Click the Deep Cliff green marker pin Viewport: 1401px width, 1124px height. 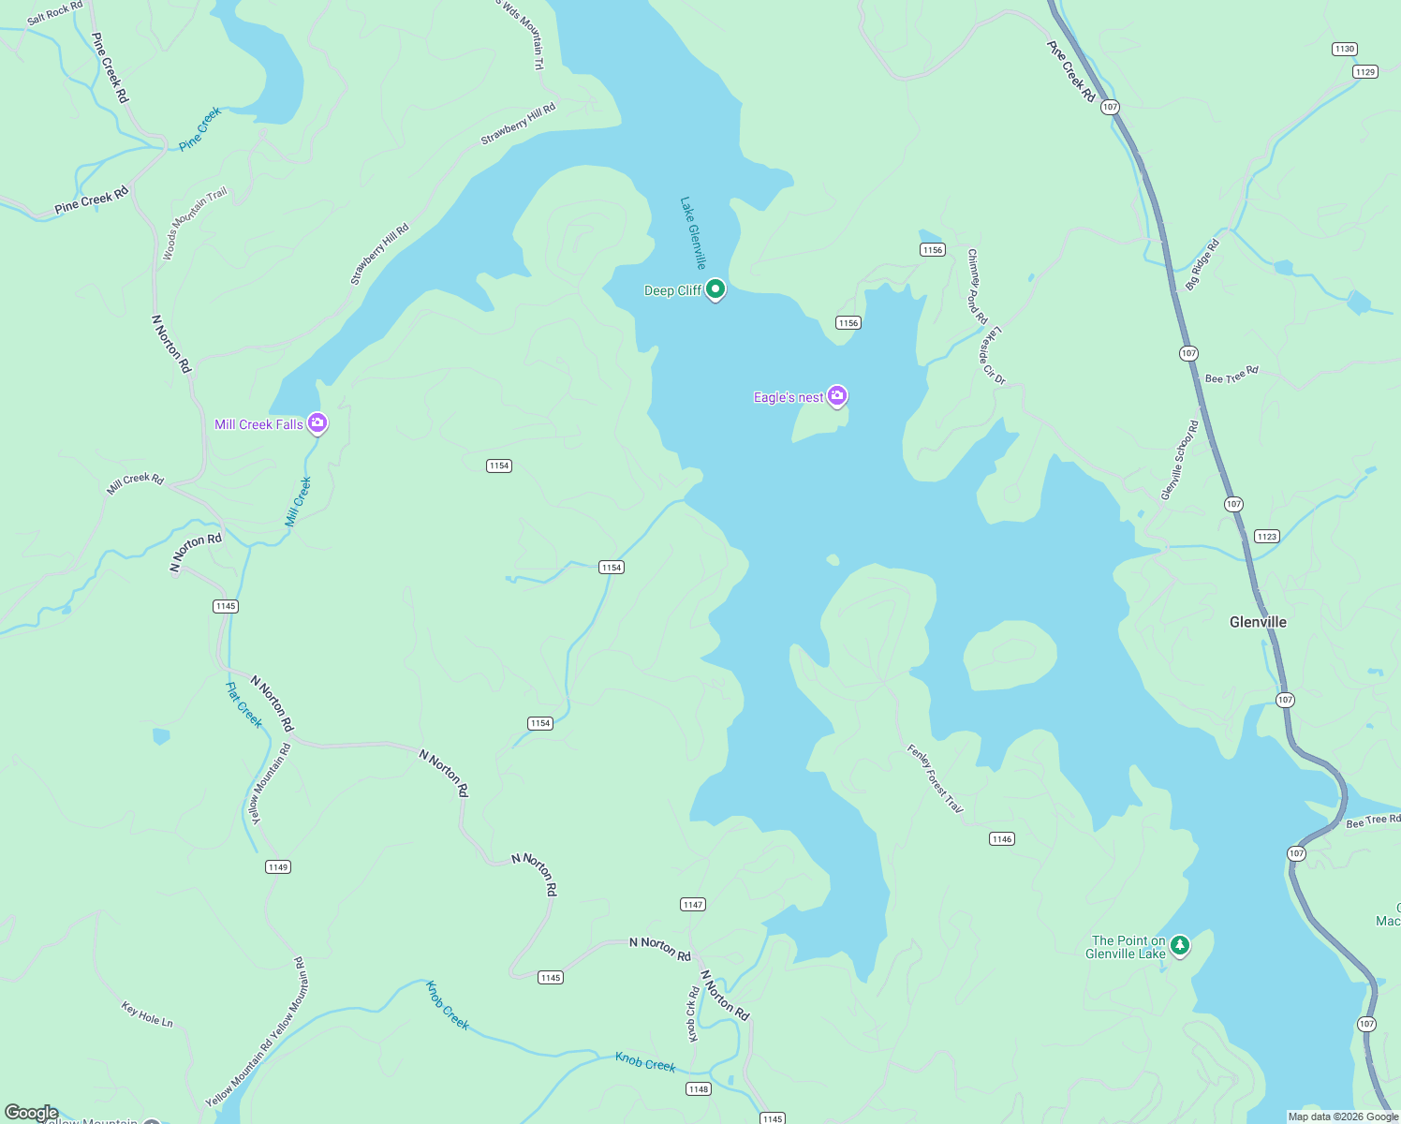[715, 289]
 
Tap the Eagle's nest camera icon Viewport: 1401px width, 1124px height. [837, 396]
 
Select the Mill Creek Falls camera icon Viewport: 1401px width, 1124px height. [317, 423]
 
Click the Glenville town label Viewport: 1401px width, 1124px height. [1258, 622]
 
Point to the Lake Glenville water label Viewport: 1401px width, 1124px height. [693, 233]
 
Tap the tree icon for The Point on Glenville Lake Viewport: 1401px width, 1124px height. [1180, 945]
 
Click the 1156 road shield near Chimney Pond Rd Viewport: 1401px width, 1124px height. [932, 249]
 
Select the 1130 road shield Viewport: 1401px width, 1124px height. [1344, 49]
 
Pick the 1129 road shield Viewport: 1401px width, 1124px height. [1364, 72]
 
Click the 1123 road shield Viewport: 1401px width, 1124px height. [1266, 537]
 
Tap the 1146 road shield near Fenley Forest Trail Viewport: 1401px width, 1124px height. [1001, 839]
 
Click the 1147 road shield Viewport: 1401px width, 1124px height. [692, 905]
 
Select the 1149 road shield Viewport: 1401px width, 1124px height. [278, 867]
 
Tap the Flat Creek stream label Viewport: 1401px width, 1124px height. [244, 704]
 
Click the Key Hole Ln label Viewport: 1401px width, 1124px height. [147, 1014]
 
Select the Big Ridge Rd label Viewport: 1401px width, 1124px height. [1202, 265]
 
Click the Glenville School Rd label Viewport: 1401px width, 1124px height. [1179, 460]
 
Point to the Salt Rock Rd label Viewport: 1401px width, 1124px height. [54, 13]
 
